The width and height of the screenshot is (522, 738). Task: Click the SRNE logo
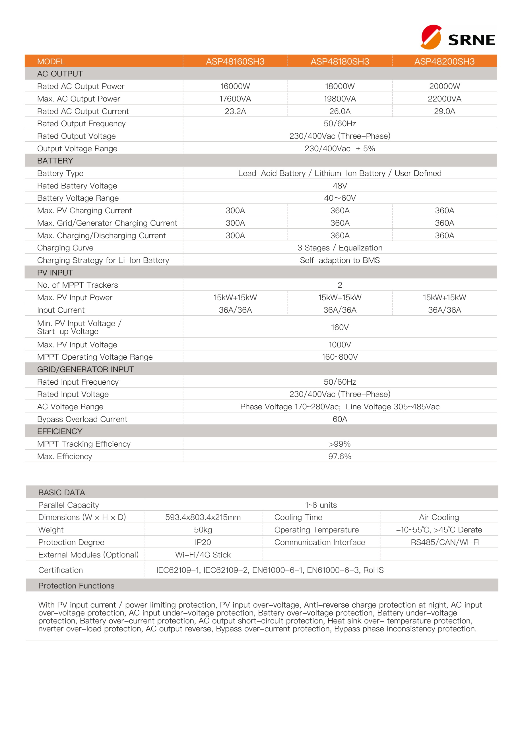tap(458, 37)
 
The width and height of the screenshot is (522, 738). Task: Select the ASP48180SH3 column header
tap(340, 61)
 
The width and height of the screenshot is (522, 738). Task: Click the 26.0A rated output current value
tap(340, 111)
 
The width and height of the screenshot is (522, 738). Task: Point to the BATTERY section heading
tap(55, 161)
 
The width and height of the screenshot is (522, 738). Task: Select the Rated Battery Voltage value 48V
tap(340, 186)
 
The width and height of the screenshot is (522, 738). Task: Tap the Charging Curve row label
tap(65, 248)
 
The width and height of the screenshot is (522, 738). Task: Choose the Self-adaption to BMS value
tap(340, 260)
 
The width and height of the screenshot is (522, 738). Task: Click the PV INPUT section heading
tap(55, 273)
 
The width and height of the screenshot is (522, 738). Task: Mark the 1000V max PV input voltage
tap(340, 345)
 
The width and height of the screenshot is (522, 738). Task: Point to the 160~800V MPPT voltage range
tap(340, 357)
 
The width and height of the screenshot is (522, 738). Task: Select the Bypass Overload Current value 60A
tap(340, 419)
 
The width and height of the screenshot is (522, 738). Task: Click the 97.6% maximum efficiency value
tap(340, 457)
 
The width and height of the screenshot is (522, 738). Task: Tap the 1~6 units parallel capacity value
tap(321, 505)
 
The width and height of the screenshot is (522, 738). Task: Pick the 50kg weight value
tap(203, 530)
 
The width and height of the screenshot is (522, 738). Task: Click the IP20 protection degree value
tap(203, 542)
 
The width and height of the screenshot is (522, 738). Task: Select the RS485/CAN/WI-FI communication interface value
tap(445, 542)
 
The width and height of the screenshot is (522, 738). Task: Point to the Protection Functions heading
tap(76, 586)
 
